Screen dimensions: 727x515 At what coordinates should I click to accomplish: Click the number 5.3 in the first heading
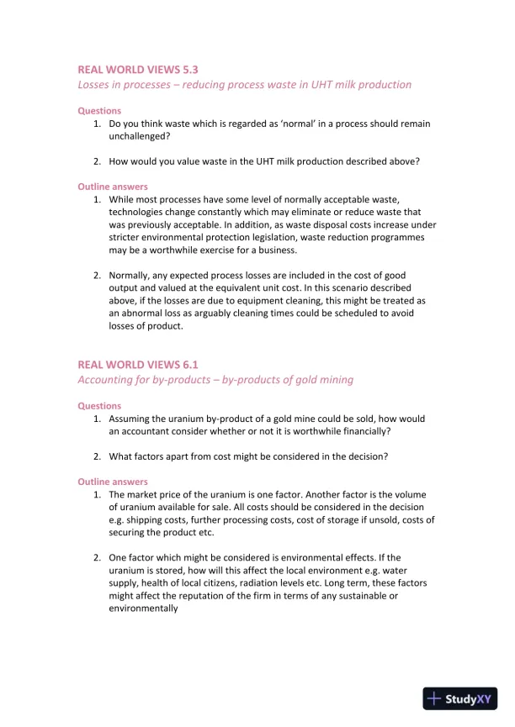pos(189,70)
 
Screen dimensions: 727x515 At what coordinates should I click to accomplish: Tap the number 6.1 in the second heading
pos(189,365)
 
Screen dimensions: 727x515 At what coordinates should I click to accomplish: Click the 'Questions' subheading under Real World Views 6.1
pos(99,406)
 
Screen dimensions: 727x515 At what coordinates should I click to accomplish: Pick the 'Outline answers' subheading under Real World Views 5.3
pos(113,187)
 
